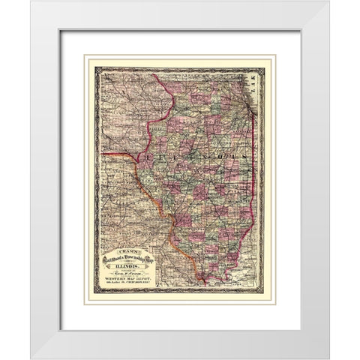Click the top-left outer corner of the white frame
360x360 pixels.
[31, 1]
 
